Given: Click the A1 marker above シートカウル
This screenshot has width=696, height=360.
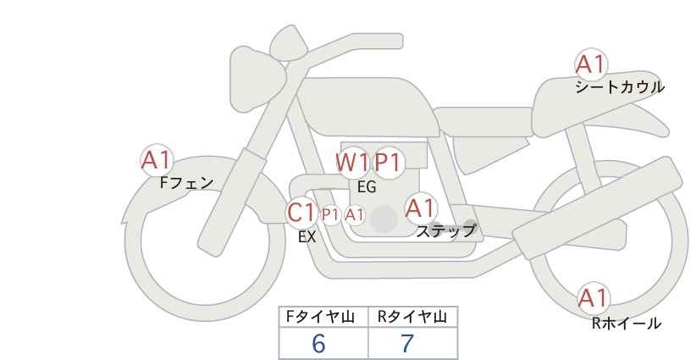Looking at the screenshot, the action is click(x=591, y=65).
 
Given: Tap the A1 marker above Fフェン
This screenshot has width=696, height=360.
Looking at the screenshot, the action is click(x=157, y=160).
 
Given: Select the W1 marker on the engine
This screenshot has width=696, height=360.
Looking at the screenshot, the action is click(x=352, y=163).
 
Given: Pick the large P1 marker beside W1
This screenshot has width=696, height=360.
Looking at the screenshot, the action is click(x=388, y=163).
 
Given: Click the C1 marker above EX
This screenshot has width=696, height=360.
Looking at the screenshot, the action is click(x=301, y=213).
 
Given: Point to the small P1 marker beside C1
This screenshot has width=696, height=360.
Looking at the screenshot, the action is click(x=330, y=215).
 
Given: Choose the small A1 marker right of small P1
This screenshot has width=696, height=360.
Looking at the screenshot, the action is click(x=355, y=215).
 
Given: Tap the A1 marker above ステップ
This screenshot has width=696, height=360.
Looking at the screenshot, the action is click(x=420, y=208).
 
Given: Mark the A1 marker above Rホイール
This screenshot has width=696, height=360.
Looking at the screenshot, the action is click(x=594, y=298).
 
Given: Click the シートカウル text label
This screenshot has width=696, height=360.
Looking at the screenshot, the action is click(x=620, y=87).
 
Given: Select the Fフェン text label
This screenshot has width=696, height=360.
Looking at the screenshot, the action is click(x=186, y=183).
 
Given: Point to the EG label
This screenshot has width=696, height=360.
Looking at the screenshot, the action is click(x=367, y=187).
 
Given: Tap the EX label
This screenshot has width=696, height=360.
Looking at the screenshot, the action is click(x=307, y=237).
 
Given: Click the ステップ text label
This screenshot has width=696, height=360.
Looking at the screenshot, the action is click(x=445, y=231).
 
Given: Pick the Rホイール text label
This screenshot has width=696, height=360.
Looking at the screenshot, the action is click(x=627, y=324).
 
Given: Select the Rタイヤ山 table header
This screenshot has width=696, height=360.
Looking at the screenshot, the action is click(x=412, y=317).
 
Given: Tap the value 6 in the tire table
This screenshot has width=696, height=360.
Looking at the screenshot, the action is click(x=318, y=343).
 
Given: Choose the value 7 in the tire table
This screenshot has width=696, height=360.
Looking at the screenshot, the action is click(x=407, y=343).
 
